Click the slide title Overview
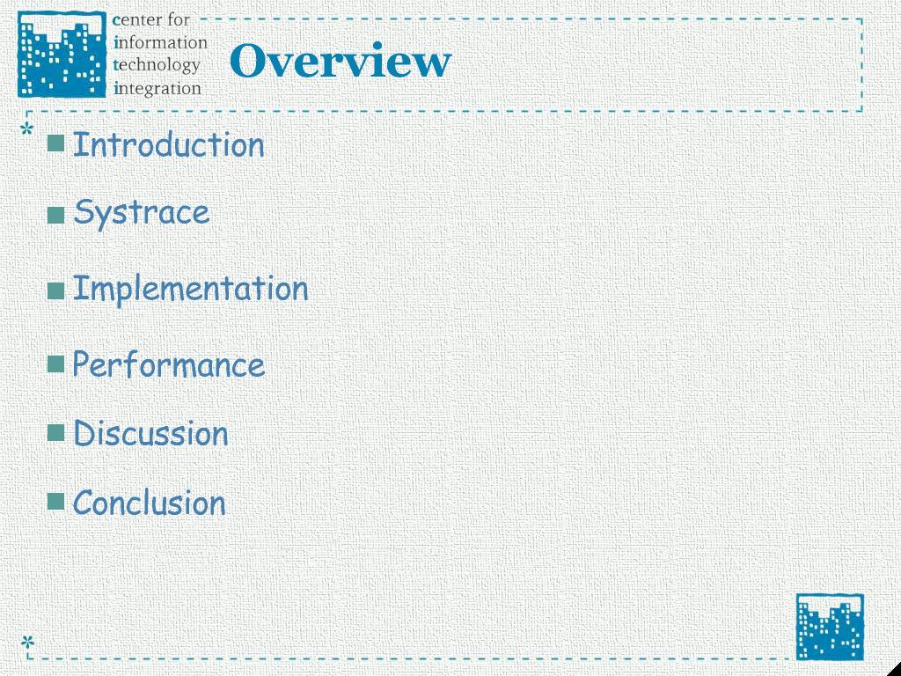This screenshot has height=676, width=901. (x=341, y=61)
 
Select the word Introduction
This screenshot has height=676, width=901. (x=168, y=144)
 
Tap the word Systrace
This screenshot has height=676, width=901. (x=142, y=214)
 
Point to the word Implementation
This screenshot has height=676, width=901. (x=190, y=289)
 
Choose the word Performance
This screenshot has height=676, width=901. (x=168, y=364)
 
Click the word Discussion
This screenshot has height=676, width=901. (x=150, y=433)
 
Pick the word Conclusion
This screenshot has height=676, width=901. (x=149, y=503)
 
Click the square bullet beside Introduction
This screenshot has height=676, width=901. (x=55, y=143)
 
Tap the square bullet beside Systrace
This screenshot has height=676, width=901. (x=55, y=215)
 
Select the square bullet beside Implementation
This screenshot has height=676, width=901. (x=55, y=290)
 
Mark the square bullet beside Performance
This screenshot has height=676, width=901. (x=55, y=364)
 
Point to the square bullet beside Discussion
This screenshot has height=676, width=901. (x=55, y=432)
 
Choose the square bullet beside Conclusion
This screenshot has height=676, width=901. (x=55, y=501)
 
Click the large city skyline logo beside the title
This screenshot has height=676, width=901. (x=62, y=54)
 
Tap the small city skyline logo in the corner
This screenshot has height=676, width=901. (x=830, y=627)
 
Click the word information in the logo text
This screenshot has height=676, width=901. (x=160, y=42)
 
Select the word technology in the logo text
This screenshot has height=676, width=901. (x=157, y=65)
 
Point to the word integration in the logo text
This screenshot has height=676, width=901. (x=157, y=88)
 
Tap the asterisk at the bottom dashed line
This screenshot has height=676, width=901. (x=27, y=642)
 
